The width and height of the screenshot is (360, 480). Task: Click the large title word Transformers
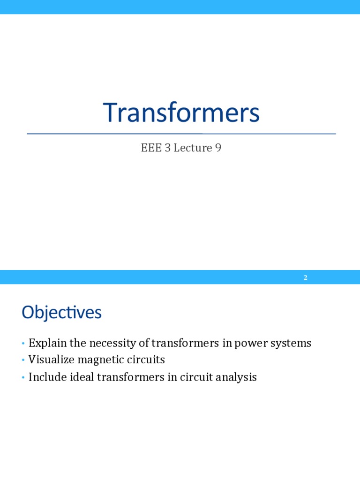click(x=181, y=113)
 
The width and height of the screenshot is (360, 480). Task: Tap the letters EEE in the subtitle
click(x=150, y=148)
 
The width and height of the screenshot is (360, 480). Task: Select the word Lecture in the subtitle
click(x=192, y=148)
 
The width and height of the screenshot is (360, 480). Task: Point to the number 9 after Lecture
click(x=218, y=148)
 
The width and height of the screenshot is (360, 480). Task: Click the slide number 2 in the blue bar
click(x=306, y=277)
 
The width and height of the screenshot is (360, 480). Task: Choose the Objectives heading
click(x=61, y=313)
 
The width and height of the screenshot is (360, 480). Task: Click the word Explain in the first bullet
click(x=47, y=343)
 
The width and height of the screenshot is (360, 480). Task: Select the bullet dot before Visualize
click(x=22, y=360)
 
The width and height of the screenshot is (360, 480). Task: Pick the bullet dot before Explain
click(x=22, y=344)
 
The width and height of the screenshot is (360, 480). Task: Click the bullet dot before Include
click(x=22, y=377)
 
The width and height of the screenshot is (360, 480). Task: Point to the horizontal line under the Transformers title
click(x=181, y=134)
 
